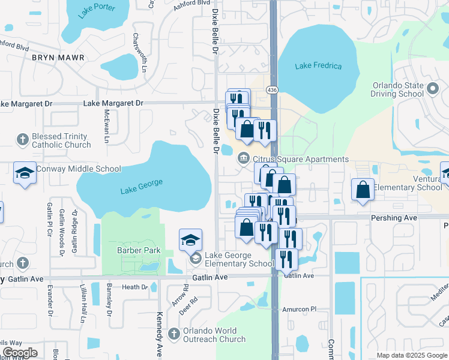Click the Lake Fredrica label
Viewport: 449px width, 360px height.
coord(318,66)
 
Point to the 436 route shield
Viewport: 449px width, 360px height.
coord(273,90)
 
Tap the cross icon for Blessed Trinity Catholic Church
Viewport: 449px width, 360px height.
coord(23,140)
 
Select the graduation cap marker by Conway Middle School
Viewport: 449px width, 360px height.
coord(25,173)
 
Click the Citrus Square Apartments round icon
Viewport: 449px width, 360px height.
coord(244,159)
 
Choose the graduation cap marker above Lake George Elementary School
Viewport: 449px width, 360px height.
coord(190,240)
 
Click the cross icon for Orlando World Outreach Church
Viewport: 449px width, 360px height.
coord(174,334)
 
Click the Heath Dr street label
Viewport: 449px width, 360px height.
coord(134,287)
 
